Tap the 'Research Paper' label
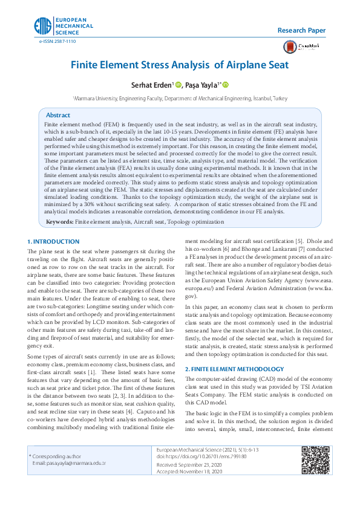(301, 30)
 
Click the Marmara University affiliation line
(180, 97)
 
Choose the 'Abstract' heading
(58, 115)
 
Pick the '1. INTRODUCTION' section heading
(54, 242)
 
